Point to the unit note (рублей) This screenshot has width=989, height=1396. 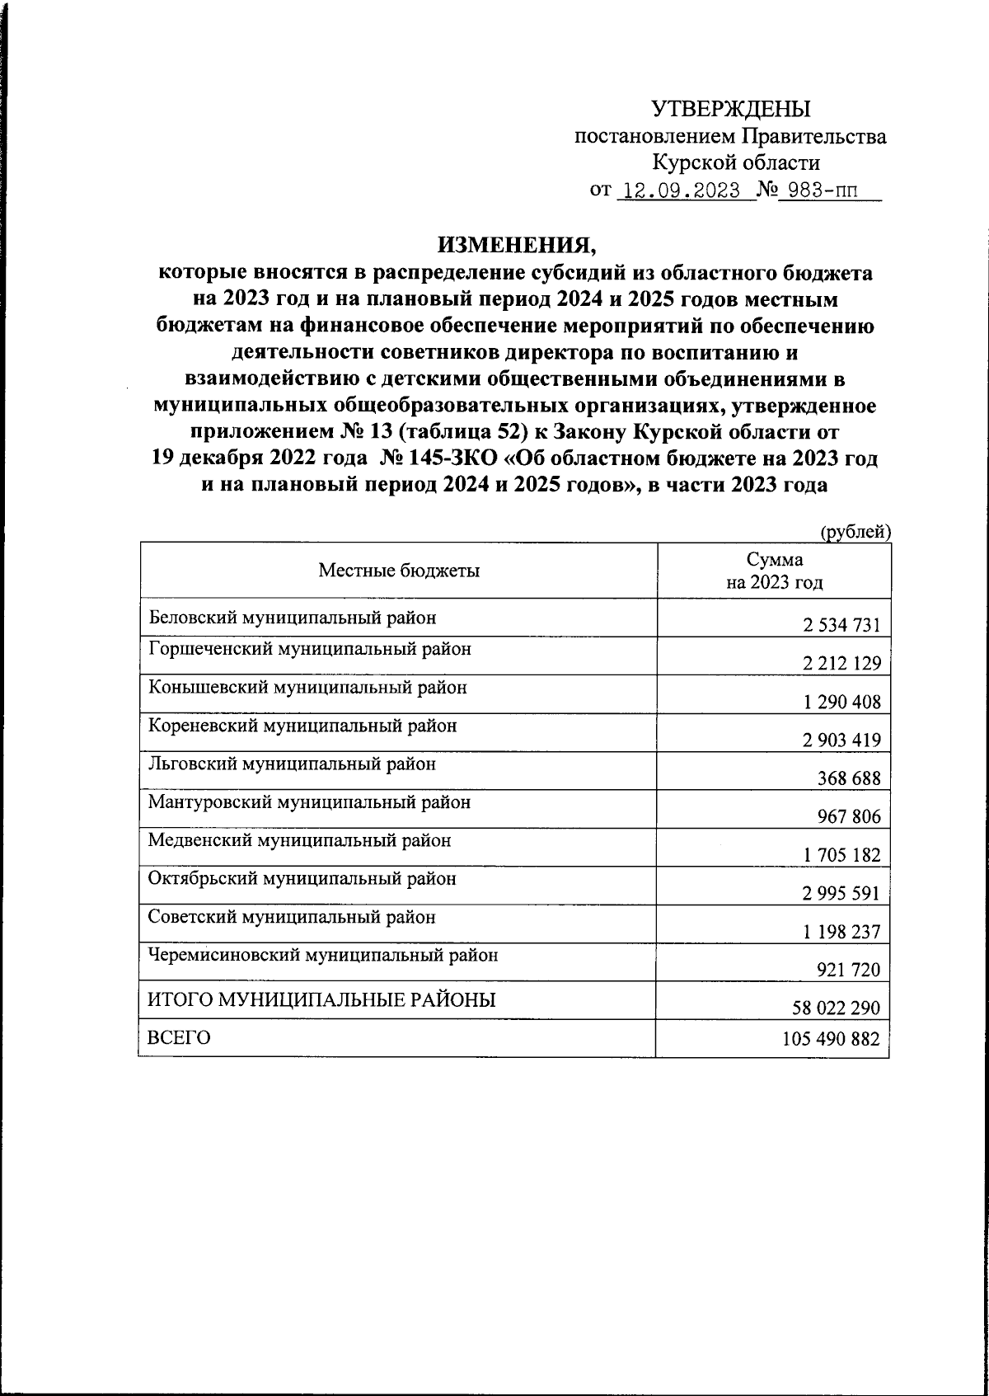point(855,533)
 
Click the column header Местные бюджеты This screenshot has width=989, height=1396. point(399,571)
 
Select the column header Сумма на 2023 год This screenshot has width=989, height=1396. point(774,571)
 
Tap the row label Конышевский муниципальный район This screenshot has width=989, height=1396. point(307,687)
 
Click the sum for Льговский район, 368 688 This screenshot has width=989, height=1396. point(848,778)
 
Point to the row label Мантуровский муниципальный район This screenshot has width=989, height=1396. point(309,801)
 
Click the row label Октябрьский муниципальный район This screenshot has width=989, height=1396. point(302,879)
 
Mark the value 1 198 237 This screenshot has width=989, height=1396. point(841,933)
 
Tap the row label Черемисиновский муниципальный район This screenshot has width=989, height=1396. point(323,956)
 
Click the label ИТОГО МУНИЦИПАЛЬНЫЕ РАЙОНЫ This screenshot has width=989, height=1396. point(321,1001)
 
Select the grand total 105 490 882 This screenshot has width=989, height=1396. point(831,1040)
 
